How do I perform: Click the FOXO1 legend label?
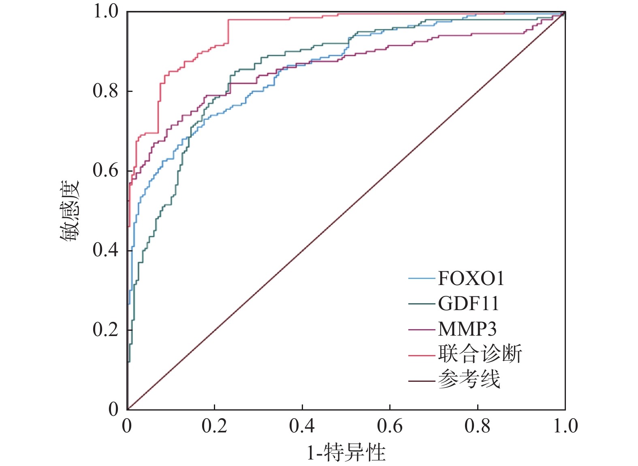[x=471, y=279]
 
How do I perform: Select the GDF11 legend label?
[x=468, y=304]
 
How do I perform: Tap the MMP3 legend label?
[x=467, y=329]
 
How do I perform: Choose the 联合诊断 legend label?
[x=480, y=354]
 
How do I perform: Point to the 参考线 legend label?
[x=469, y=380]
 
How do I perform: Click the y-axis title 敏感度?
[x=70, y=211]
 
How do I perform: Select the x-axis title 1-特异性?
[x=346, y=452]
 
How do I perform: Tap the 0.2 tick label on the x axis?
[x=214, y=426]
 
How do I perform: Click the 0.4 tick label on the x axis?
[x=302, y=426]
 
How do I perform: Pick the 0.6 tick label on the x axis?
[x=390, y=426]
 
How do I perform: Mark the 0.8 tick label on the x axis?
[x=478, y=426]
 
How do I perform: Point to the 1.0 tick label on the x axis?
[x=565, y=426]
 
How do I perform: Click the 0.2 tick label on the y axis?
[x=105, y=330]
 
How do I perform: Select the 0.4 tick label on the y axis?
[x=105, y=250]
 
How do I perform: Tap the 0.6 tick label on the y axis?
[x=105, y=170]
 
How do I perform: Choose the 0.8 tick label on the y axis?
[x=105, y=91]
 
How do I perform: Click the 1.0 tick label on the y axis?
[x=105, y=11]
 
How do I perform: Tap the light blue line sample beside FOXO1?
[x=421, y=279]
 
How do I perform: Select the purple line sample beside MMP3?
[x=421, y=330]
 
